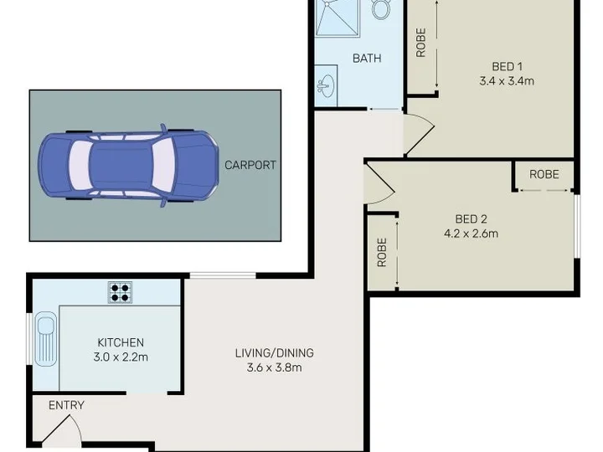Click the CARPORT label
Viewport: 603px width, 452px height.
[x=250, y=165]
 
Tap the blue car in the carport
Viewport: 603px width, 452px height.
[x=128, y=165]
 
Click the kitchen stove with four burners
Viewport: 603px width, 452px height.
[x=120, y=292]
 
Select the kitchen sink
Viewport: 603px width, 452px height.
[x=46, y=339]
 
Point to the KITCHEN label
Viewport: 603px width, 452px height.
[x=121, y=342]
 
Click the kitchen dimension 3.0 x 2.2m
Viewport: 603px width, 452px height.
[x=121, y=357]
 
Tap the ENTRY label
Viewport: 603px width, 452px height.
[x=66, y=405]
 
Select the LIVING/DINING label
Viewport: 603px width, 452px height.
[x=275, y=353]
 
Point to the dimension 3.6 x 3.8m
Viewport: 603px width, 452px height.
[x=275, y=367]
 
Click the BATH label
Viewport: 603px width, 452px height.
[x=367, y=59]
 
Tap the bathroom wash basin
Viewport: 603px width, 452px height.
[x=326, y=85]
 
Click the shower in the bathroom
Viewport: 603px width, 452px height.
[x=338, y=18]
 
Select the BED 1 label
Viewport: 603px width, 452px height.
[x=508, y=66]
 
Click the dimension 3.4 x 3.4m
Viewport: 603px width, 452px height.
[x=507, y=81]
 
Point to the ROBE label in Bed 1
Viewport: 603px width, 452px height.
[x=421, y=43]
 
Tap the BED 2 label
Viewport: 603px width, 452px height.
[x=471, y=219]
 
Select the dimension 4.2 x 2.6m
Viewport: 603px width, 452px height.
[x=471, y=234]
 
